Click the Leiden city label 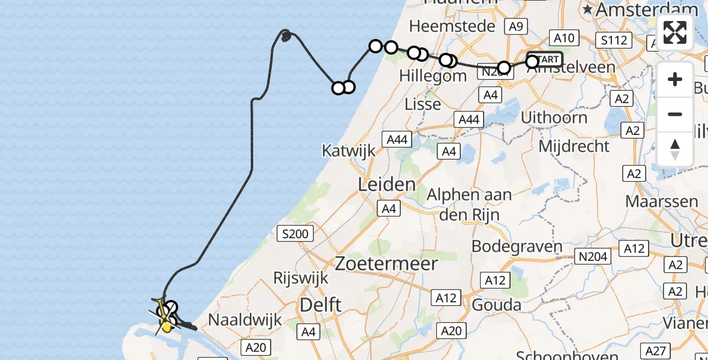coord(386,184)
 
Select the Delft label coord(322,305)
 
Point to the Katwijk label coord(348,150)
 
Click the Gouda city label coord(496,305)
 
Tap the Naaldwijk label coord(244,320)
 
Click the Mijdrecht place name coord(574,146)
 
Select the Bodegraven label coord(517,246)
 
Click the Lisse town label coord(422,104)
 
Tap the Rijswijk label coord(301,278)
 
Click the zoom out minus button coord(675,114)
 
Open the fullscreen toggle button coord(675,32)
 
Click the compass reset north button coord(675,149)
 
